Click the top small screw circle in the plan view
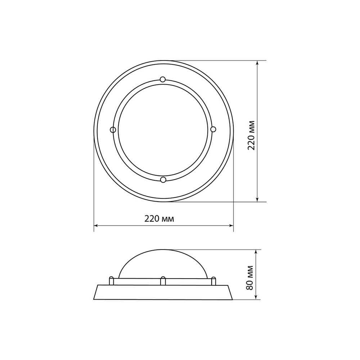pyautogui.click(x=163, y=80)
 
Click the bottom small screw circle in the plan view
pyautogui.click(x=163, y=180)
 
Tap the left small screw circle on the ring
pyautogui.click(x=113, y=130)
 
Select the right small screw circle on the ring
pyautogui.click(x=213, y=129)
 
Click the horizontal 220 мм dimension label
pyautogui.click(x=159, y=219)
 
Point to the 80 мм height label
pyautogui.click(x=249, y=278)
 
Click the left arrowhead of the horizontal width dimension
pyautogui.click(x=96, y=226)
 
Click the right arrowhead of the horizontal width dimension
pyautogui.click(x=231, y=226)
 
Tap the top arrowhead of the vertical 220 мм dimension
pyautogui.click(x=257, y=63)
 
